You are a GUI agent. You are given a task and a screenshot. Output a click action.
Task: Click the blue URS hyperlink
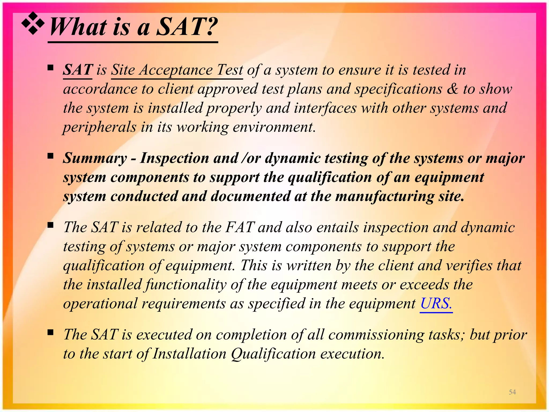pyautogui.click(x=436, y=304)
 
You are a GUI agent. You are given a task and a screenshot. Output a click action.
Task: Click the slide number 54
pyautogui.click(x=512, y=392)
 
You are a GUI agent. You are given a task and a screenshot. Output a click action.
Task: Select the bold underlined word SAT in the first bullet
pyautogui.click(x=78, y=70)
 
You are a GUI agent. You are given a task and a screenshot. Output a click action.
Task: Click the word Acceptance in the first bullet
pyautogui.click(x=176, y=70)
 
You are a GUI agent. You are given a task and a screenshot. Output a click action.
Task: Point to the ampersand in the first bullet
pyautogui.click(x=452, y=89)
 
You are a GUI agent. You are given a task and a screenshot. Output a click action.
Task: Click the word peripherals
pyautogui.click(x=99, y=127)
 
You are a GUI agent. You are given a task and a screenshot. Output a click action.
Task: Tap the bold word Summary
pyautogui.click(x=95, y=158)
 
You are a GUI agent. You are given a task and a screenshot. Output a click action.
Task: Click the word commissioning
pyautogui.click(x=376, y=335)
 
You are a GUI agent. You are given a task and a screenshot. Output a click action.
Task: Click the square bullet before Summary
pyautogui.click(x=50, y=156)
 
